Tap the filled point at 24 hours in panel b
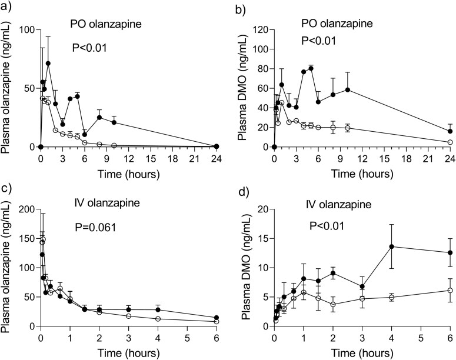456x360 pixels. (x=450, y=131)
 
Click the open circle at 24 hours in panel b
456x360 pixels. (x=450, y=142)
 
